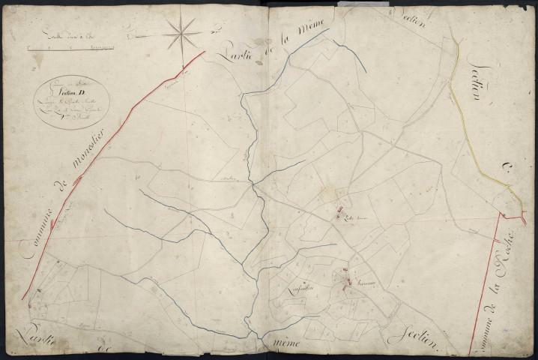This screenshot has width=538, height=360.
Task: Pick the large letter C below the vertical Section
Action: click(x=504, y=175)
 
